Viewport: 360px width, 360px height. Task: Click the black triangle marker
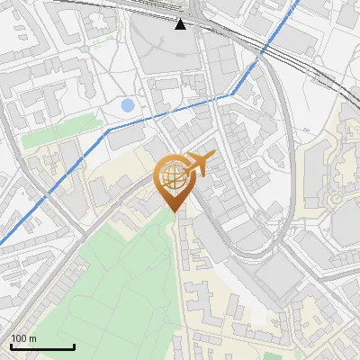181,23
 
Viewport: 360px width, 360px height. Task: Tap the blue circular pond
128,105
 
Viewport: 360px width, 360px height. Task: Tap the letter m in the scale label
33,338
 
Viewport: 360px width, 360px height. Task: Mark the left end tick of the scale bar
11,346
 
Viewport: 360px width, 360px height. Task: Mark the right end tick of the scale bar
74,346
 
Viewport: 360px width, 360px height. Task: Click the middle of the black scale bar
42,347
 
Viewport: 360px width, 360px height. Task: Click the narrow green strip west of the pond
58,131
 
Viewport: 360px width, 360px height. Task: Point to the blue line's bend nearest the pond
110,130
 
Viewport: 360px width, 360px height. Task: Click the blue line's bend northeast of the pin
232,93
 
